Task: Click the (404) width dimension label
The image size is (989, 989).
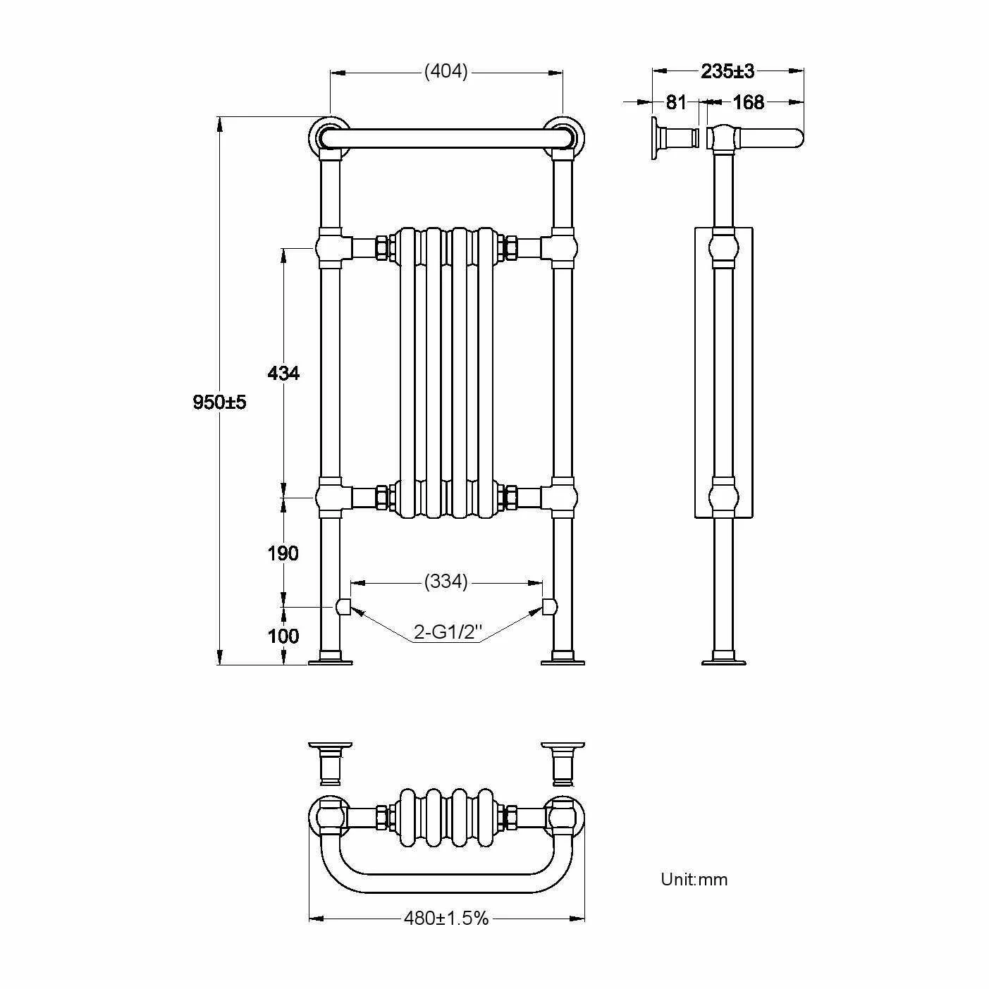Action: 446,72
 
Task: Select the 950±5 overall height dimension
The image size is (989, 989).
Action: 220,403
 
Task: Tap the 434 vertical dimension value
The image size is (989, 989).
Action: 283,373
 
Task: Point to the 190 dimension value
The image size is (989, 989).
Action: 283,553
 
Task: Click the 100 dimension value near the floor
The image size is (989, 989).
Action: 283,636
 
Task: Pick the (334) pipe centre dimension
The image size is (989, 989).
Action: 446,582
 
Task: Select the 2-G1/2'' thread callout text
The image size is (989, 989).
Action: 447,633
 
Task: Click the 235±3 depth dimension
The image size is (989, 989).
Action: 727,71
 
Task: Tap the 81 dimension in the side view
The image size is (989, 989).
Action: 676,103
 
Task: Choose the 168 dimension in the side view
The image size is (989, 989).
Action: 748,103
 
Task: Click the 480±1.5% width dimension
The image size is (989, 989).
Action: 446,919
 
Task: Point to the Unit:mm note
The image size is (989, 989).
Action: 694,879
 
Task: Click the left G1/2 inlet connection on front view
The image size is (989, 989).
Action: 343,606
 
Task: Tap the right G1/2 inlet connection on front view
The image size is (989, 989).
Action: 550,606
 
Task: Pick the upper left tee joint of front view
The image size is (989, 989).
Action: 330,247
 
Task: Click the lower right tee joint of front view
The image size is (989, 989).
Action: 562,496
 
